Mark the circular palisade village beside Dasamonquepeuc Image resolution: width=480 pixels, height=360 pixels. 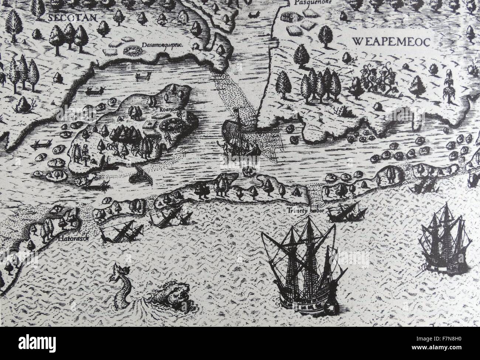point(131,49)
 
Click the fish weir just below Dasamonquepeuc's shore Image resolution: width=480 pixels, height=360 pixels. point(143,76)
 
